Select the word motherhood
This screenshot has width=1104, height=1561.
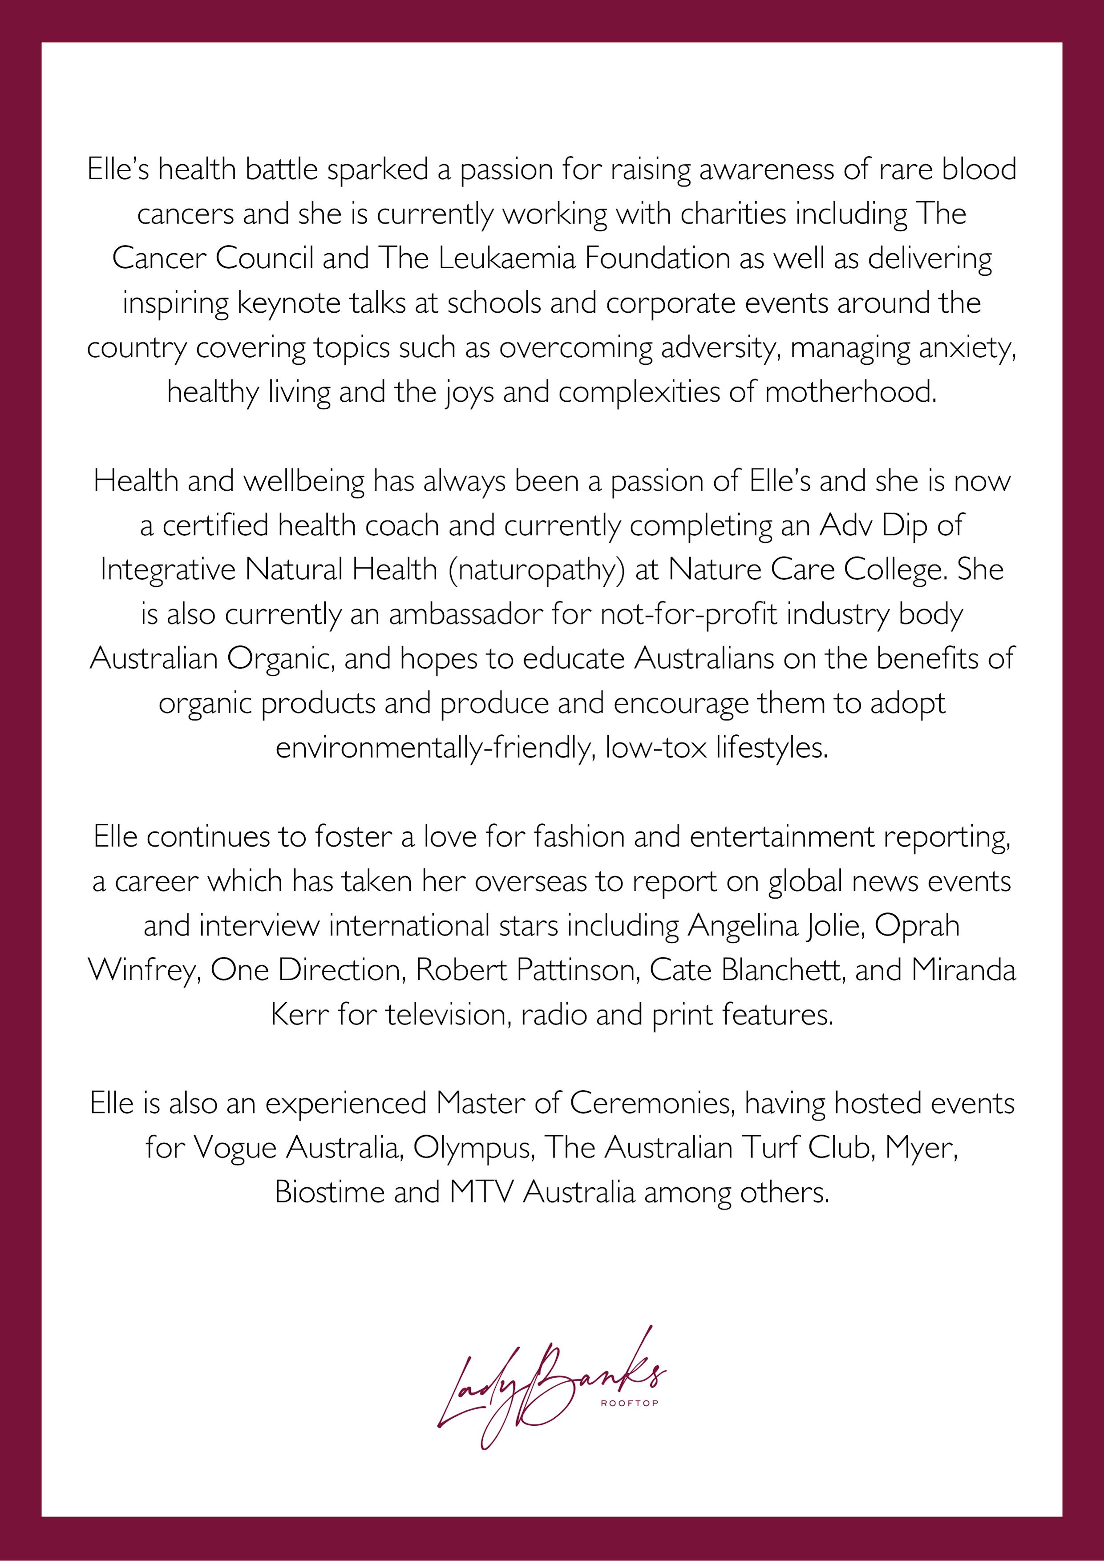tap(850, 392)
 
